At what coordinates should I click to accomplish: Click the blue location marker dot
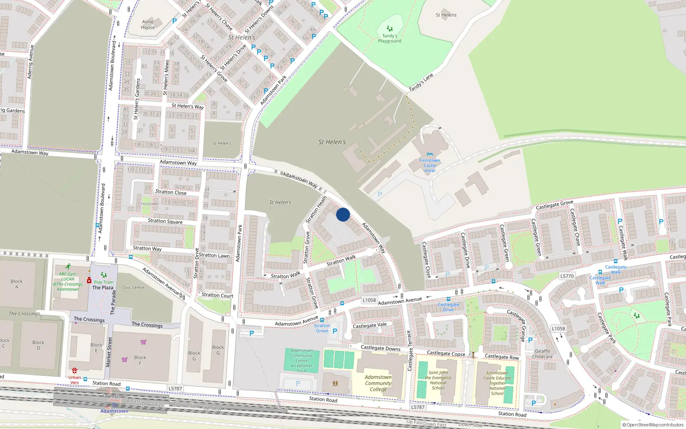pos(343,214)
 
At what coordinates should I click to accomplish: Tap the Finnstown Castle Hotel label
pos(430,165)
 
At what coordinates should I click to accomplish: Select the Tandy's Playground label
pos(390,39)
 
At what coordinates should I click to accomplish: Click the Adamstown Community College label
pos(378,383)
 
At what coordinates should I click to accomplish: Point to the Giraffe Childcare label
pos(542,354)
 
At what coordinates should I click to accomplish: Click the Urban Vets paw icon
pos(75,370)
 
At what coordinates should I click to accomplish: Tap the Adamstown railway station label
pos(114,411)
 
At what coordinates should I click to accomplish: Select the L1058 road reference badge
pos(369,300)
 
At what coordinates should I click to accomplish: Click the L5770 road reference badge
pos(567,276)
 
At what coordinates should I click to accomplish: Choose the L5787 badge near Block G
pos(175,389)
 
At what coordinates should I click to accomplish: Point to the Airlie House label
pos(148,24)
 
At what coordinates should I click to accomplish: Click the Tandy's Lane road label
pos(421,82)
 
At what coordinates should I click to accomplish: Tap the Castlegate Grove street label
pos(554,205)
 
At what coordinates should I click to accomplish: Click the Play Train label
pos(104,282)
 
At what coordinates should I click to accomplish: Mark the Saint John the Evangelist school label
pos(438,380)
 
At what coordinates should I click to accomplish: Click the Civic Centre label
pos(133,287)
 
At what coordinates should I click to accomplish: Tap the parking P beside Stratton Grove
pos(335,331)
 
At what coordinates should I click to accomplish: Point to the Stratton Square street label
pos(165,221)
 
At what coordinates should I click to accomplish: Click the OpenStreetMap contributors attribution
pos(653,425)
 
